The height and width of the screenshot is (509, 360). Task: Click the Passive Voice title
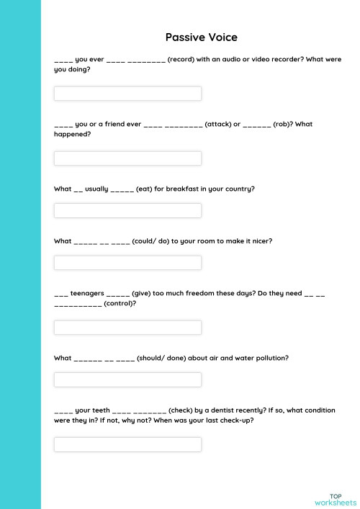point(201,37)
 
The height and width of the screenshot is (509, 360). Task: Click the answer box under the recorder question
point(127,94)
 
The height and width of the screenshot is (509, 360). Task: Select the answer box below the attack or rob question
point(127,158)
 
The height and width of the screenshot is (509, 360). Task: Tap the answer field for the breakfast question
point(127,210)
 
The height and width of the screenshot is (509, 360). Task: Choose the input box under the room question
point(127,263)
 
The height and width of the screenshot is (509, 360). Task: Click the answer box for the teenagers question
point(127,328)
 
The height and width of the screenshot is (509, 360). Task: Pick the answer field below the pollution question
point(127,379)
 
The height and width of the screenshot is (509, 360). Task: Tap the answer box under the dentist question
point(127,444)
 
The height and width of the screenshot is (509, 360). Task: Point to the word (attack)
point(217,124)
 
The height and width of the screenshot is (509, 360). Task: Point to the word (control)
point(120,303)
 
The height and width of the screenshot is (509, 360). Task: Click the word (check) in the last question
point(186,410)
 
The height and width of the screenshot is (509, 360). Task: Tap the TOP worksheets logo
point(335,499)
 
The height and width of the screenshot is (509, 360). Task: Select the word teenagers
point(88,294)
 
